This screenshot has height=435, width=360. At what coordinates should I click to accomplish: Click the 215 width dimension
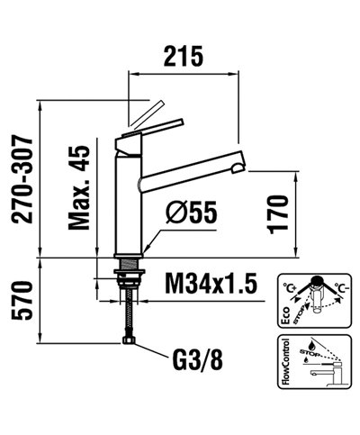click(184, 56)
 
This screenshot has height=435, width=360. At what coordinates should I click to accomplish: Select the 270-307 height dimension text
click(26, 177)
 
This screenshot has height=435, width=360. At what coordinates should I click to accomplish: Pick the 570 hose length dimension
click(26, 300)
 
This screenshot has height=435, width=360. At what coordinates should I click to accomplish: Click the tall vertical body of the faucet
click(130, 198)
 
